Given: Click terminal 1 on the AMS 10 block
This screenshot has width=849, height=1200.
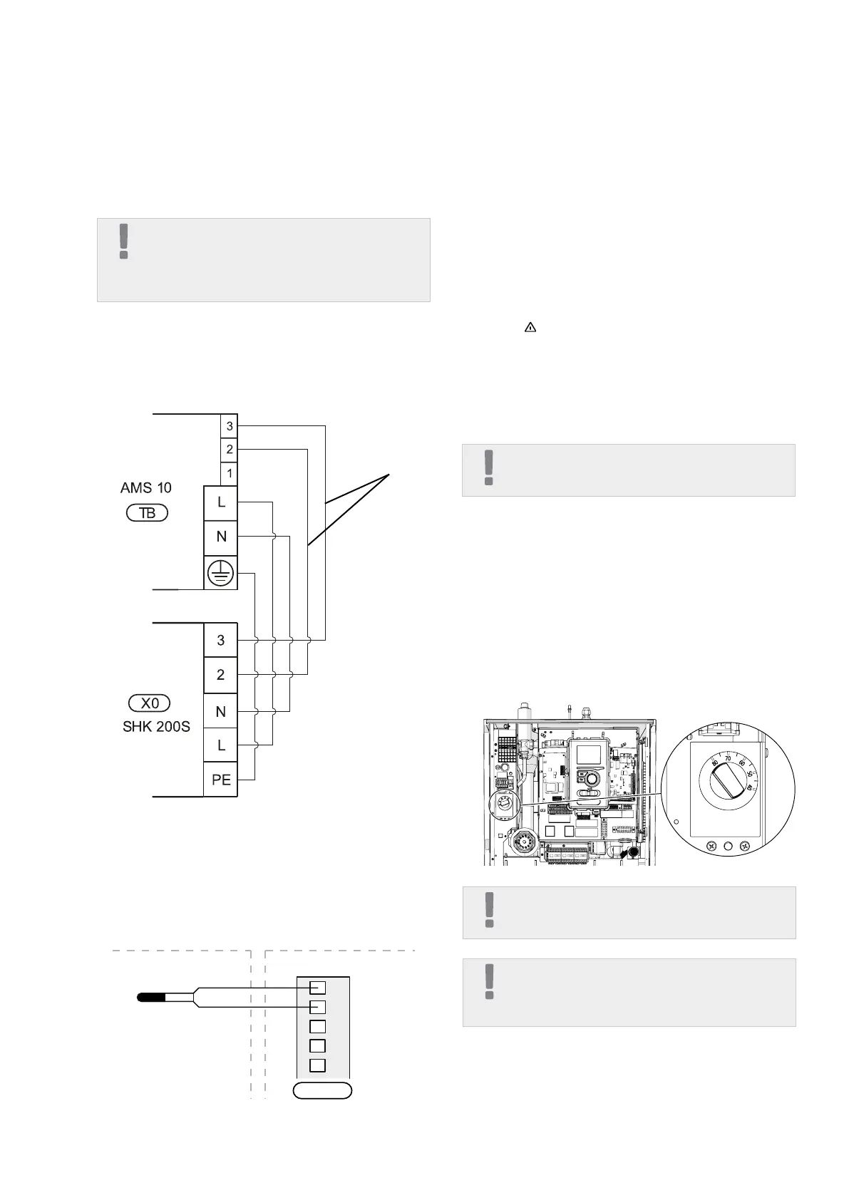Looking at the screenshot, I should (x=229, y=473).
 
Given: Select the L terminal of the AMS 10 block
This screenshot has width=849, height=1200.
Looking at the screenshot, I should (x=221, y=502).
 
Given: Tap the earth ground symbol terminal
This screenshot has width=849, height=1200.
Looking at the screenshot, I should (x=221, y=572).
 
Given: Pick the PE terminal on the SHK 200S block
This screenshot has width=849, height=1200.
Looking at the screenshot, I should (x=221, y=780).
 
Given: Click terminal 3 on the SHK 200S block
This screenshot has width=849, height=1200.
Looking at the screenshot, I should (x=221, y=640).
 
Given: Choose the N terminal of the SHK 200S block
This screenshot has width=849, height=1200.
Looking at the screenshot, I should (x=221, y=711).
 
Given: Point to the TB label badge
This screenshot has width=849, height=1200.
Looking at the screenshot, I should (x=147, y=513).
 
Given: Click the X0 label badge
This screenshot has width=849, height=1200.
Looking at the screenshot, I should (x=150, y=703).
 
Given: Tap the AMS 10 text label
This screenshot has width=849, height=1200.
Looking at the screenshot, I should (x=146, y=488).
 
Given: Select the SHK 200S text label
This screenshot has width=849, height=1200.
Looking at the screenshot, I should (x=156, y=728).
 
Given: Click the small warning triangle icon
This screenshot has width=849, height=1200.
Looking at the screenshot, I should (x=530, y=328).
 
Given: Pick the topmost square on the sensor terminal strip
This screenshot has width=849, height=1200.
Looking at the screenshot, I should (x=318, y=988).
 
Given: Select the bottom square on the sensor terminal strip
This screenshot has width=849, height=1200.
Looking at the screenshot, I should (x=318, y=1065).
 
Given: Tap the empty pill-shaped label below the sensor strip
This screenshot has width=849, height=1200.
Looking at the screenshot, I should (x=323, y=1091).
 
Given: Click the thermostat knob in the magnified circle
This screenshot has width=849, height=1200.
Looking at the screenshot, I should (x=729, y=782).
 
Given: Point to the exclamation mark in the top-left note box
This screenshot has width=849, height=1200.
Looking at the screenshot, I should (x=124, y=241).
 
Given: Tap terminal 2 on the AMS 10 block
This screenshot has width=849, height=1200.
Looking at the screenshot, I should (x=229, y=450).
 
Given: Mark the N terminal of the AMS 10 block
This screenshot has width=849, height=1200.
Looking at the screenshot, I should (x=221, y=537).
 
